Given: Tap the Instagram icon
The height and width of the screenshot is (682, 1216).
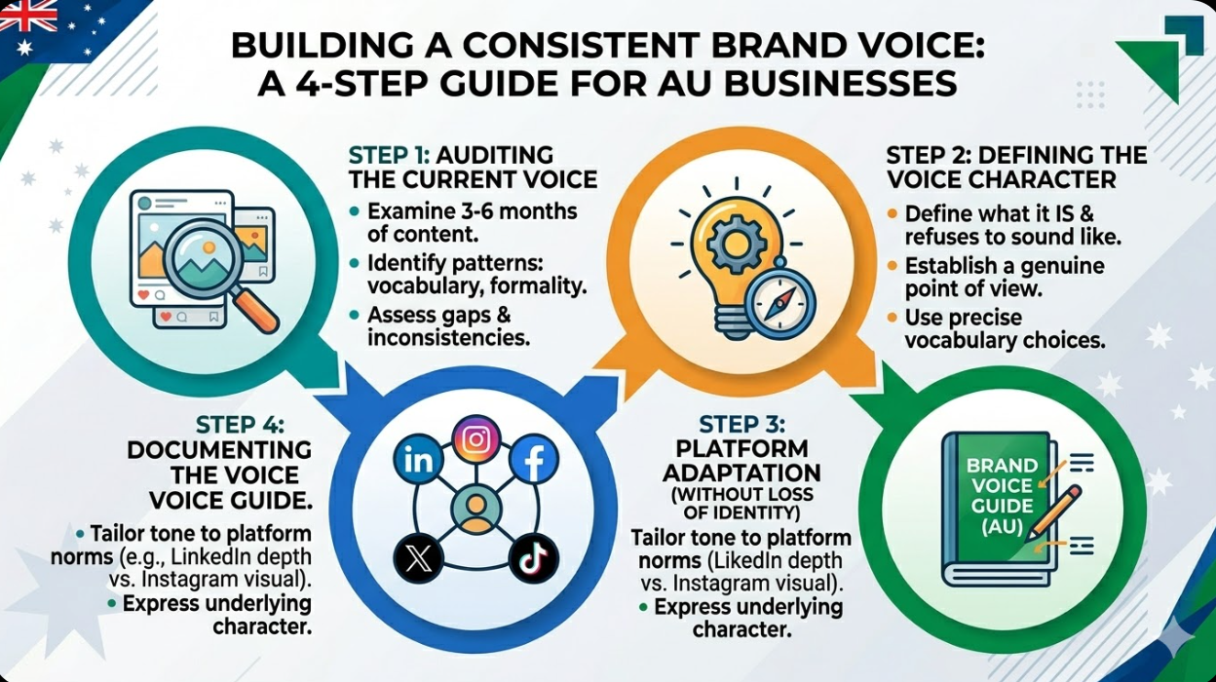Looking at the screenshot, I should pos(475,439).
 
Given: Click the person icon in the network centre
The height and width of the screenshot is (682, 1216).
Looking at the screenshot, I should pos(475,509).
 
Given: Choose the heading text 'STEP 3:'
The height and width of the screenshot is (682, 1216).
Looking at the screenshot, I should pos(743,425).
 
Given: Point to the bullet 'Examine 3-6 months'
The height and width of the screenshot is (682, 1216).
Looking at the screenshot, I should pos(472,211).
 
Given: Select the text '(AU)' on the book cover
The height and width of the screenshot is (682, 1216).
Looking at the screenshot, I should pos(1000,528).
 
